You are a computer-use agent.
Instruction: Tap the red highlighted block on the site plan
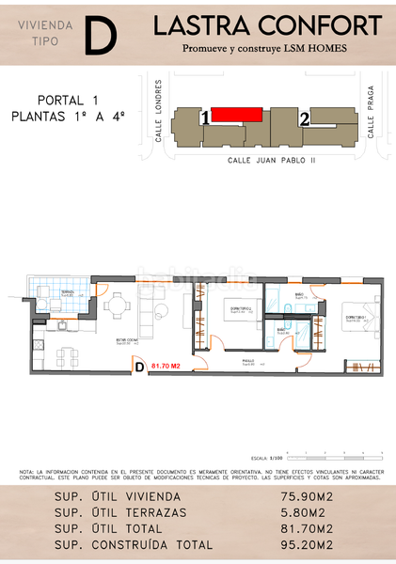[x=236, y=115]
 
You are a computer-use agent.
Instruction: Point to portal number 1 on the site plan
[x=205, y=119]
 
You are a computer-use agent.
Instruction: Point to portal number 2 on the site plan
[x=304, y=119]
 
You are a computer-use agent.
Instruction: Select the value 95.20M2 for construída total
[x=308, y=544]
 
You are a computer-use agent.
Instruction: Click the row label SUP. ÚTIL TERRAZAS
[x=119, y=512]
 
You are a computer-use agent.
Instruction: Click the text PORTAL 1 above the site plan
[x=68, y=101]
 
